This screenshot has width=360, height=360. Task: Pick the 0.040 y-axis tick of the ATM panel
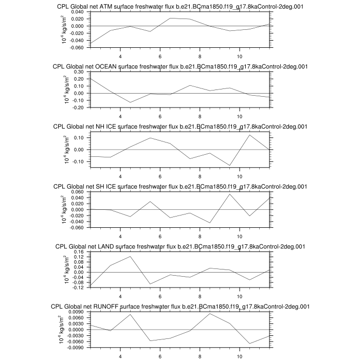tap(77, 11)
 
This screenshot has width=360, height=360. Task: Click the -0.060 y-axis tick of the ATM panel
tap(76, 47)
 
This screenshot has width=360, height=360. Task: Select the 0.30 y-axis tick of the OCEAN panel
tap(79, 71)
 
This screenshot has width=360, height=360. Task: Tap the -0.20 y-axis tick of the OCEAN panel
tap(78, 107)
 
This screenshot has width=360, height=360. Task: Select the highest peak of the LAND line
tap(131, 256)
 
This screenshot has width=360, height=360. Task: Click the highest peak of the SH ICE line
tap(230, 194)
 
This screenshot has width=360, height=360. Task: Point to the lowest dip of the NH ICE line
tap(230, 166)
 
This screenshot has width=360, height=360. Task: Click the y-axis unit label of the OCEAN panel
tap(67, 89)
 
